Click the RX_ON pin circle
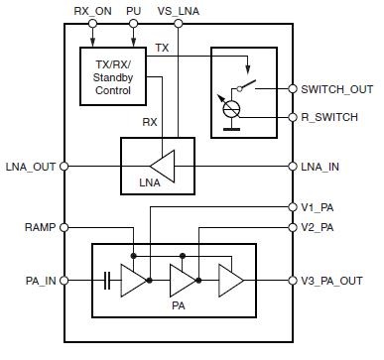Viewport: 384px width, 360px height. tap(92, 24)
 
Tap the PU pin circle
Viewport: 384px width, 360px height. tap(133, 24)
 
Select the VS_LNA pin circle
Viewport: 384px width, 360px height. tap(179, 24)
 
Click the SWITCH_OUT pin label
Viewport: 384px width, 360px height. tap(337, 89)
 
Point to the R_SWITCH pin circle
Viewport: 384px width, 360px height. tap(293, 117)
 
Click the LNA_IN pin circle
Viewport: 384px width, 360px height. tap(293, 166)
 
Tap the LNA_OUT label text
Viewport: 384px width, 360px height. tap(31, 167)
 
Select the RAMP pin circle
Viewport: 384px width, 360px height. tap(64, 227)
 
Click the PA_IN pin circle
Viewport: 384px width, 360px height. tap(64, 281)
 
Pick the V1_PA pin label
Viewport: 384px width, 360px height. tap(318, 207)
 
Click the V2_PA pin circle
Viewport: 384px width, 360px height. tap(293, 227)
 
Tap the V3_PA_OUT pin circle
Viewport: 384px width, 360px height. tap(293, 281)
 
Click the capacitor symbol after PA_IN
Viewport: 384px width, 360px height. tap(107, 281)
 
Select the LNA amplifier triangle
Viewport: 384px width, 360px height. tap(163, 166)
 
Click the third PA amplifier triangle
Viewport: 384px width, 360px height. tap(231, 281)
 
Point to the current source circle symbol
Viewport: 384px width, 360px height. tap(231, 109)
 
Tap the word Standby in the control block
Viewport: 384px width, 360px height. tap(113, 77)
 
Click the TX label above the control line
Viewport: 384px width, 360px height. tap(162, 48)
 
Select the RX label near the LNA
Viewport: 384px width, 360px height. tap(150, 122)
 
